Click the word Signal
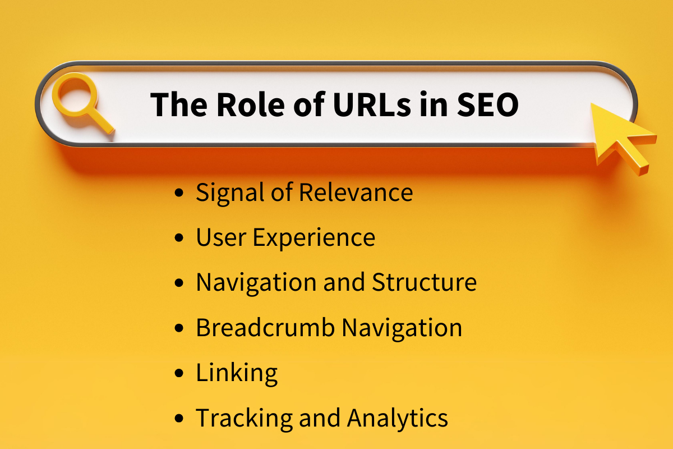tap(229, 193)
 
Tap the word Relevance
tap(356, 193)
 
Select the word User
tap(220, 237)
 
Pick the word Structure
tap(424, 282)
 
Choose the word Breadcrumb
tap(264, 328)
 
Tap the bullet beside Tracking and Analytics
tap(179, 419)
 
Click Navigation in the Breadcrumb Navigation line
tap(402, 328)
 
